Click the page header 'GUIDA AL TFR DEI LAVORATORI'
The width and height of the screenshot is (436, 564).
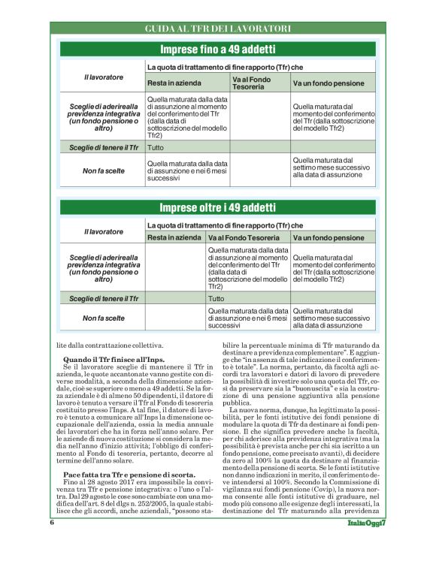[x=217, y=29]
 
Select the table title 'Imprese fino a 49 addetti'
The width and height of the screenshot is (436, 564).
[x=217, y=50]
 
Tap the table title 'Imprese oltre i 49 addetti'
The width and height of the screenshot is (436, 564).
[x=217, y=207]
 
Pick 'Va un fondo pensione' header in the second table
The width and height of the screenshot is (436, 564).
[x=329, y=237]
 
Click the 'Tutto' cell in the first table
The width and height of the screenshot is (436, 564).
[x=156, y=148]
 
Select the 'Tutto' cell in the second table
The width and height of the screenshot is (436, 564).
[x=216, y=298]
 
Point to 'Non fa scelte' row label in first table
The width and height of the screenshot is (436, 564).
[x=104, y=170]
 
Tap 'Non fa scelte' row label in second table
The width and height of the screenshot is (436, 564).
[x=104, y=318]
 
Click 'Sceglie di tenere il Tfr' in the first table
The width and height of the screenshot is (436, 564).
[x=104, y=148]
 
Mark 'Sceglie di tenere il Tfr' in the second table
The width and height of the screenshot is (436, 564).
[x=104, y=298]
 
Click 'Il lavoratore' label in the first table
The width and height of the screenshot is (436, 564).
[x=104, y=77]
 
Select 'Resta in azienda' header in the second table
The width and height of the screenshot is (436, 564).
[x=174, y=237]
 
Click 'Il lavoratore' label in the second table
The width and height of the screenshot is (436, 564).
[x=104, y=231]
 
